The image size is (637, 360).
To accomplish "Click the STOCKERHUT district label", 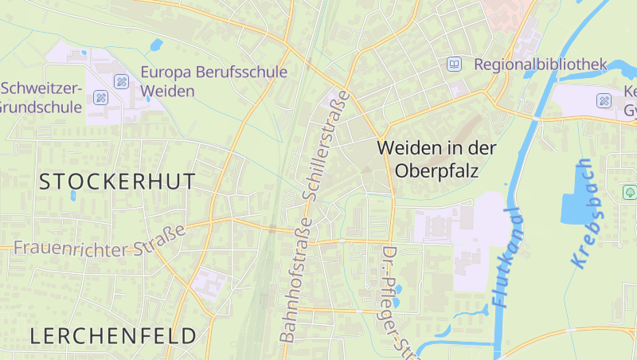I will [117, 182].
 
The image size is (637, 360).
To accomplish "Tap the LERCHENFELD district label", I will [113, 335].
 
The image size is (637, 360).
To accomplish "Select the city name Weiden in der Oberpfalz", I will [436, 158].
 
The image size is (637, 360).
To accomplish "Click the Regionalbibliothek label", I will [540, 65].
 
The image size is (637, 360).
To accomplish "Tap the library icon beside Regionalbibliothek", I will [455, 65].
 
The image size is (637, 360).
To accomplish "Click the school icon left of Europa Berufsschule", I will [121, 80].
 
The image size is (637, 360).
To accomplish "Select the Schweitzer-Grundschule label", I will [41, 96].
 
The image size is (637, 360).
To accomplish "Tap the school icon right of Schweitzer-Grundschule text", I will [100, 97].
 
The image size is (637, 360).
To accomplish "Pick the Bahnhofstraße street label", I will [293, 280].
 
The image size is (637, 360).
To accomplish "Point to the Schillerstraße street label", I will [326, 144].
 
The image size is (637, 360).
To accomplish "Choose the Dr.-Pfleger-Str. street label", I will [397, 301].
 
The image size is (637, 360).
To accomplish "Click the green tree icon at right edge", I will [629, 192].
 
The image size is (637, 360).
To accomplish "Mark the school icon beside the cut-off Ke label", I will [604, 100].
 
